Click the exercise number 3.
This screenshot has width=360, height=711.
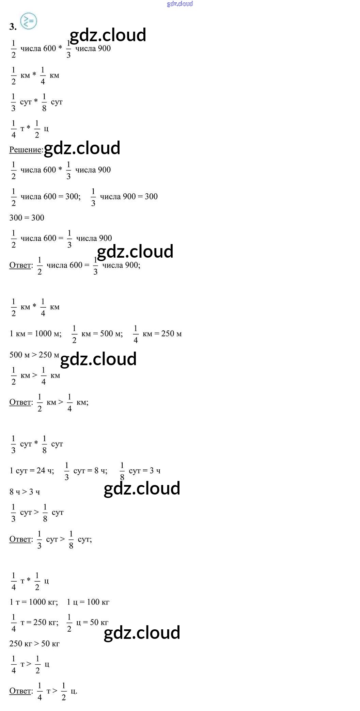pos(13,27)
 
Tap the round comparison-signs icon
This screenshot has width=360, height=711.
pos(29,21)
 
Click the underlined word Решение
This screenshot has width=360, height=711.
pos(26,149)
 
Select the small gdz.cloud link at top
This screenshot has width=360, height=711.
pos(180,4)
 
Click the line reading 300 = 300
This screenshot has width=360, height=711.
pos(27,218)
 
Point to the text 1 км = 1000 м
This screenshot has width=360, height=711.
pos(35,334)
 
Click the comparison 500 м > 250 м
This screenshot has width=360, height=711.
pos(34,355)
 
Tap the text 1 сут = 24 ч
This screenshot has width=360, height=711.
pos(32,471)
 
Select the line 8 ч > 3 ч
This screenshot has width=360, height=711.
pos(25,492)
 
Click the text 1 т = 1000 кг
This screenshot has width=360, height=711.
pos(34,602)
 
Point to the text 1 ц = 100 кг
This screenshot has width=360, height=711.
pos(88,602)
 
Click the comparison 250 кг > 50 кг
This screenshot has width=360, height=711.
pos(34,643)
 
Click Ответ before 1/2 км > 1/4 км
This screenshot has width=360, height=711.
pos(21,402)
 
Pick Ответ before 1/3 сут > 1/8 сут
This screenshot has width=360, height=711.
pos(21,539)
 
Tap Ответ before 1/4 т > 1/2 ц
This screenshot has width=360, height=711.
pos(21,691)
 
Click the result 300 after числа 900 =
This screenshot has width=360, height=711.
pos(151,196)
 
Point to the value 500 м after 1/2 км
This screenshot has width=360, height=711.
pos(111,334)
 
